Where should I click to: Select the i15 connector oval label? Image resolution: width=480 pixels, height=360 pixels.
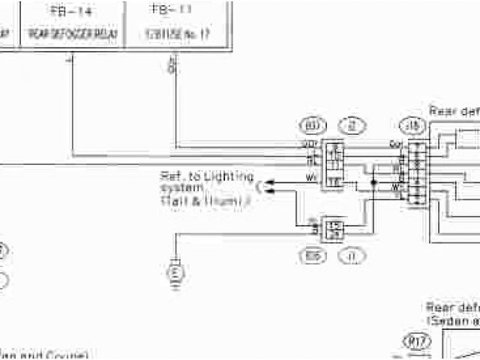click(x=412, y=125)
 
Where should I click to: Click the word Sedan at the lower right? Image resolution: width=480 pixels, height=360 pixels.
click(x=448, y=320)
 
